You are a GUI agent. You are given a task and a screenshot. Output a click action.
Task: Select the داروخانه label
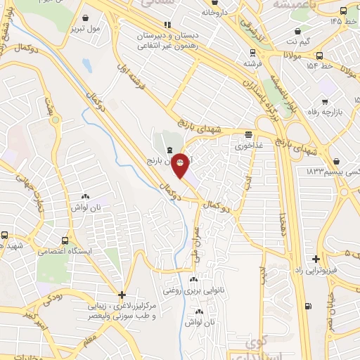click(x=216, y=12)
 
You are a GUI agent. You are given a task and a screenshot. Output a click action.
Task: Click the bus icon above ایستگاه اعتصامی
click(x=6, y=237)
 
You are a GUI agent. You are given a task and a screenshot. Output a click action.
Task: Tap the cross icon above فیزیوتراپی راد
click(x=316, y=259)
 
